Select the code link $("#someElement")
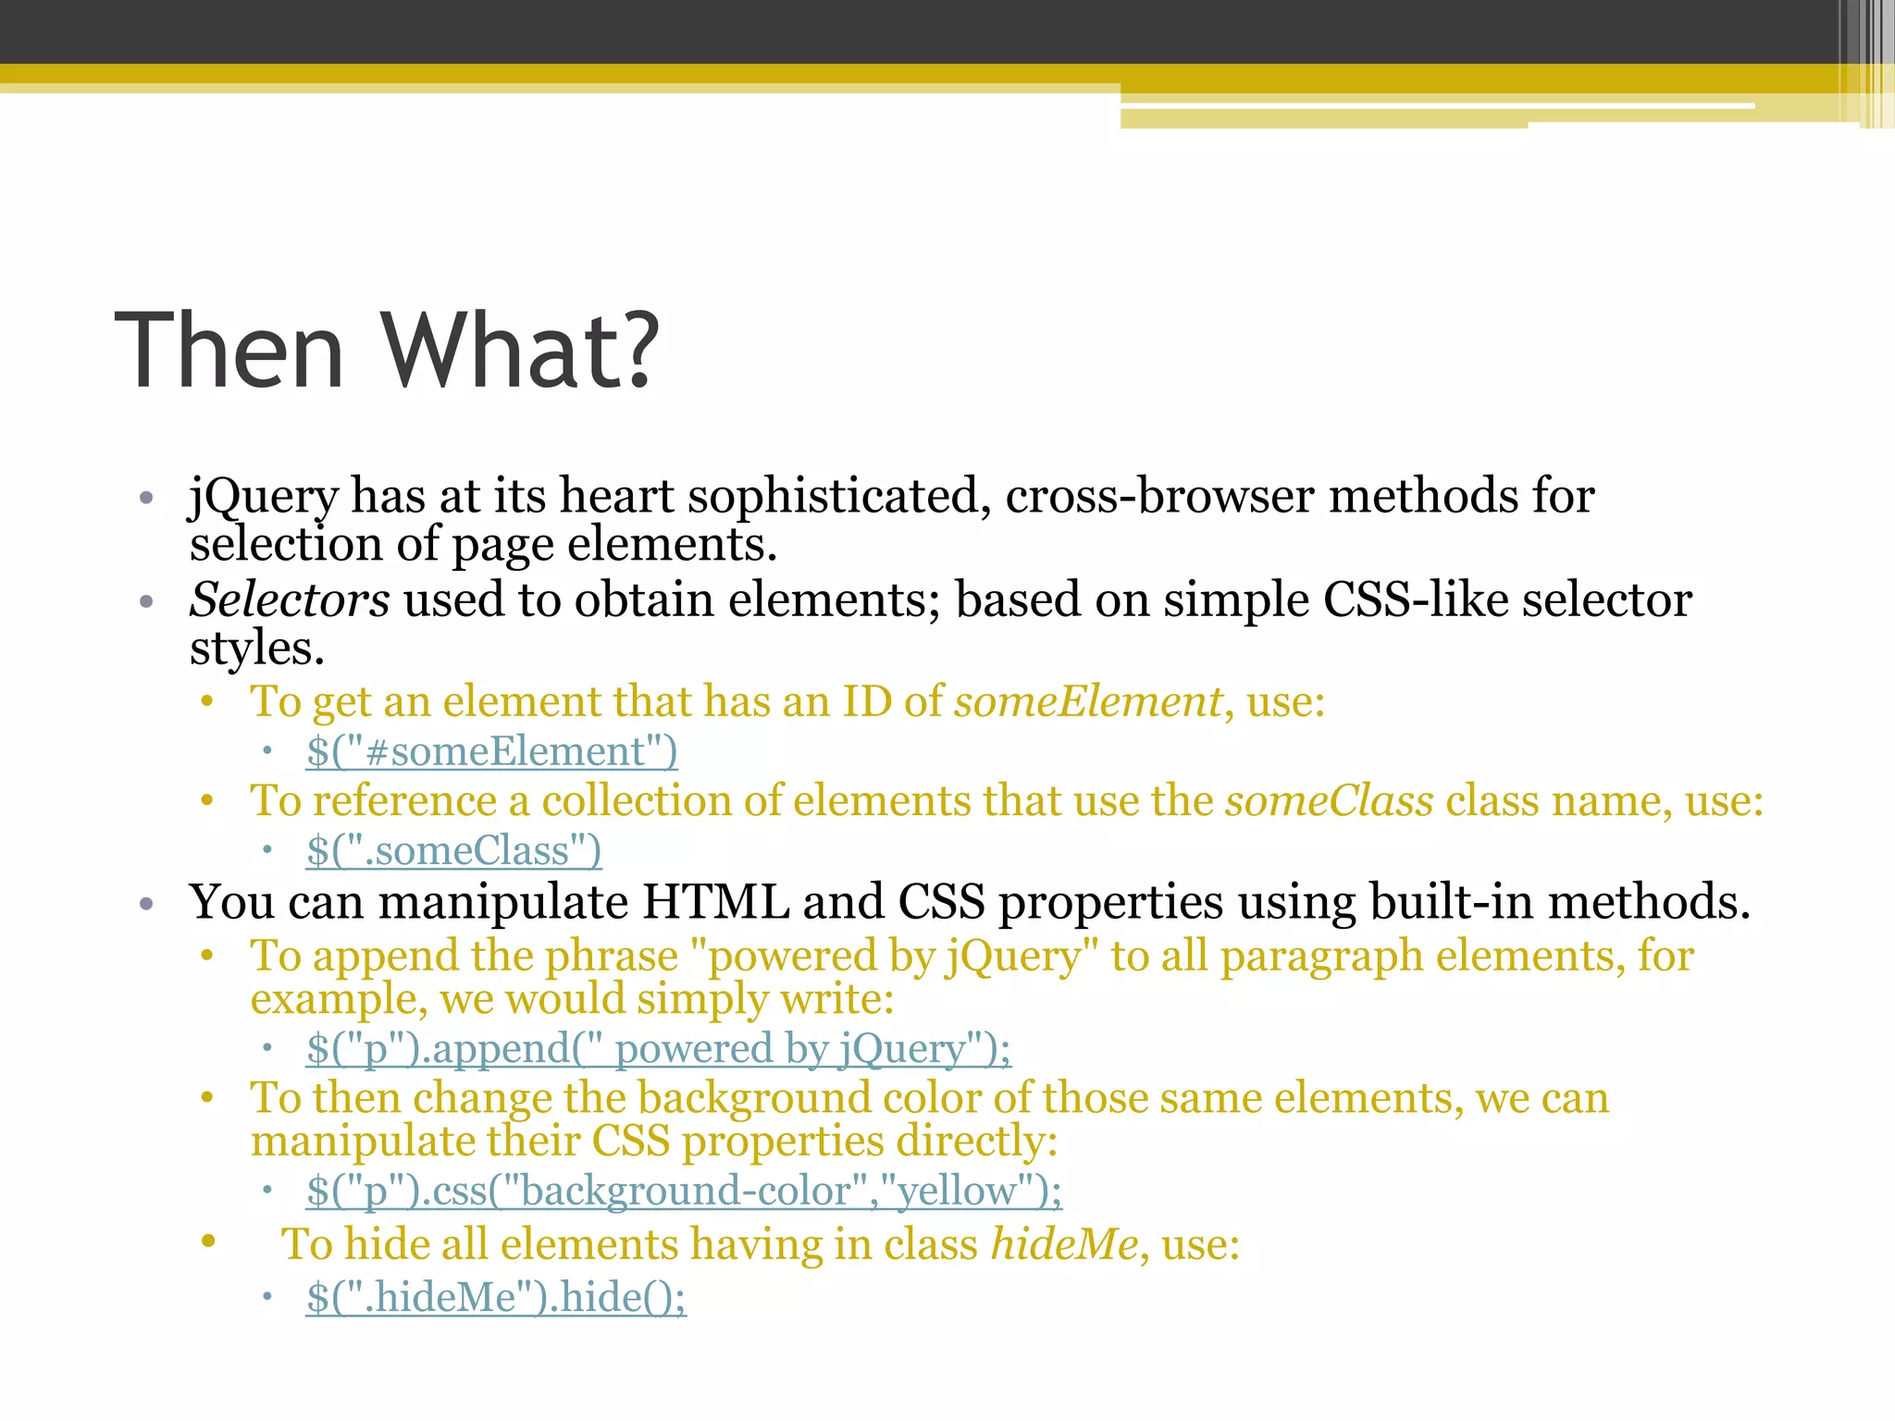pos(491,751)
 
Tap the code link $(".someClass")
pos(453,850)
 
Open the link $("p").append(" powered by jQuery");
pos(658,1049)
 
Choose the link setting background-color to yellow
pos(684,1191)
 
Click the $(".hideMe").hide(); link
pos(496,1297)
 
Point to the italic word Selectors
pos(289,600)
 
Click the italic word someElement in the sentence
pos(1088,701)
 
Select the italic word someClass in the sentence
pos(1329,800)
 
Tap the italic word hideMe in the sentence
pos(1064,1244)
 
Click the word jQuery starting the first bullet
pos(263,497)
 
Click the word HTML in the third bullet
pos(715,902)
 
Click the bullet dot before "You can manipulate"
pos(145,904)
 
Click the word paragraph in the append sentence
pos(1321,957)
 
